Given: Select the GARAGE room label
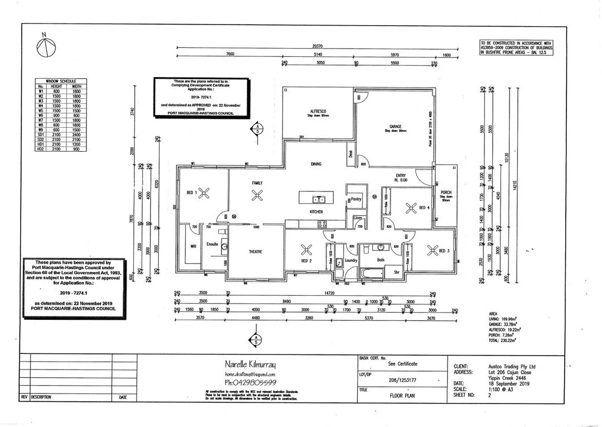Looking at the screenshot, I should point(396,127).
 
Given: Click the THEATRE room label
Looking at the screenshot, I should point(256,252).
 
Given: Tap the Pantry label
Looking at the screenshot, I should point(356,199).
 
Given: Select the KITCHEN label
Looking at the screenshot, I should point(317,212).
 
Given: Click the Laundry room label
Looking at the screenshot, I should point(351,260).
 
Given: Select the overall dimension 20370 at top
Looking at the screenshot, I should point(318,46).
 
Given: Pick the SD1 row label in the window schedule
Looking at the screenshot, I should point(41,135).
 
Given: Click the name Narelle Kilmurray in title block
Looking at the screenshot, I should point(250,364).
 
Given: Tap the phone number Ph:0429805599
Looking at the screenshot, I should point(250,382).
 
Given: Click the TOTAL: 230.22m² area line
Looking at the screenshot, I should point(501,339).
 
